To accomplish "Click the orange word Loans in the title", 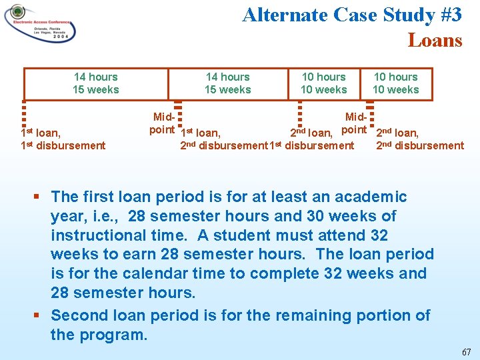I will coord(435,40).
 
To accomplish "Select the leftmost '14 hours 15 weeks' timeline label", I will coord(96,83).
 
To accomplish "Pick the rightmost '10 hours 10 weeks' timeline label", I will coord(396,83).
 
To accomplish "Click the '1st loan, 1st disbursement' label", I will coord(63,139).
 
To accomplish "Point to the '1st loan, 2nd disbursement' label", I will coord(223,139).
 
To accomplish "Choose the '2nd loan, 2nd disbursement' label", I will coord(419,139).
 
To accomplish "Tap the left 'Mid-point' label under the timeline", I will coord(162,123).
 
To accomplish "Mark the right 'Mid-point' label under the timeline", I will coord(354,123).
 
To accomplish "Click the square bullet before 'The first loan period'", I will coord(39,197).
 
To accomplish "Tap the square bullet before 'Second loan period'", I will coord(39,315).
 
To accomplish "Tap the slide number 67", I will coord(466,351).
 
